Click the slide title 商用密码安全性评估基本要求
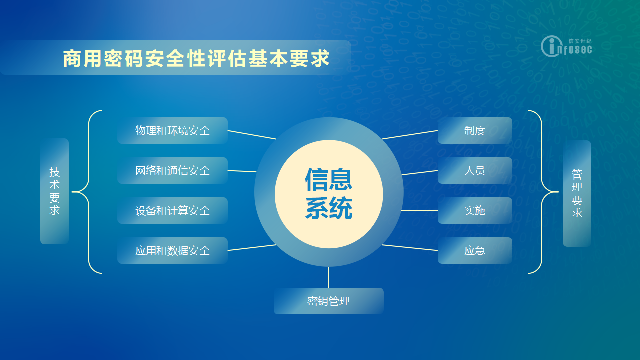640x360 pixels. click(x=196, y=59)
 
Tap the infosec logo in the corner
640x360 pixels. click(x=566, y=46)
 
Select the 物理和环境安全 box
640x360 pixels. click(x=172, y=131)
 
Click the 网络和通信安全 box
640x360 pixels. click(x=172, y=171)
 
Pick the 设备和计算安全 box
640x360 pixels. click(x=172, y=211)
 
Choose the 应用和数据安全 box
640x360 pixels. click(x=172, y=251)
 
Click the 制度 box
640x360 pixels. click(x=475, y=131)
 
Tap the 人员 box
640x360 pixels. click(x=475, y=171)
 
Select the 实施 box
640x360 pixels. click(x=475, y=211)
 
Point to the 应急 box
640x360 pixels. click(x=475, y=251)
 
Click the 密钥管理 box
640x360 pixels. click(x=329, y=301)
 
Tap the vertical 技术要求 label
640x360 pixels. click(x=54, y=191)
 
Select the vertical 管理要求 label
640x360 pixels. click(x=577, y=193)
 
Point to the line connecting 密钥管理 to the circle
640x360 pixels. click(x=329, y=277)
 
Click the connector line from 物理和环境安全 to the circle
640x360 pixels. click(x=252, y=135)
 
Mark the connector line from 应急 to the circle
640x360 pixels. click(x=410, y=247)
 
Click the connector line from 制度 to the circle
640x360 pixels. click(x=410, y=135)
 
